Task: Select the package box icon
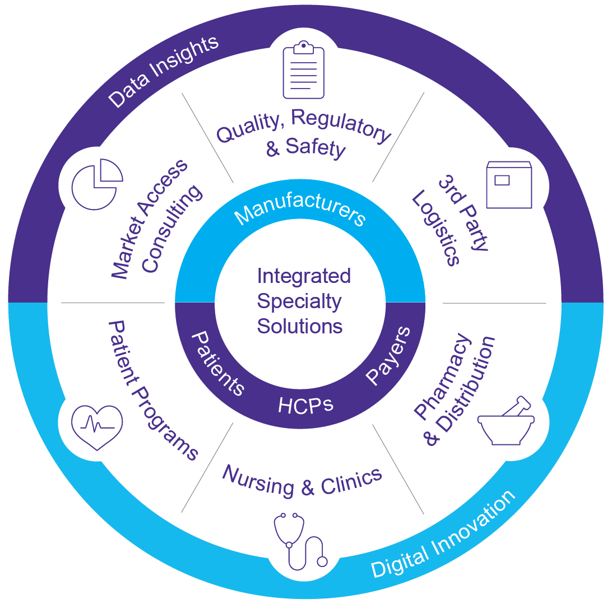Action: click(x=508, y=184)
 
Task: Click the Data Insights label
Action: click(x=163, y=71)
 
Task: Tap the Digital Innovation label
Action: click(x=443, y=535)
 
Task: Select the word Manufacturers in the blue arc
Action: click(x=300, y=209)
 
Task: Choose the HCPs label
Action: click(x=305, y=405)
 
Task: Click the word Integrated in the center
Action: click(x=304, y=276)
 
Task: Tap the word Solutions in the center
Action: click(x=299, y=326)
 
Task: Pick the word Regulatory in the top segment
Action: click(x=341, y=126)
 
